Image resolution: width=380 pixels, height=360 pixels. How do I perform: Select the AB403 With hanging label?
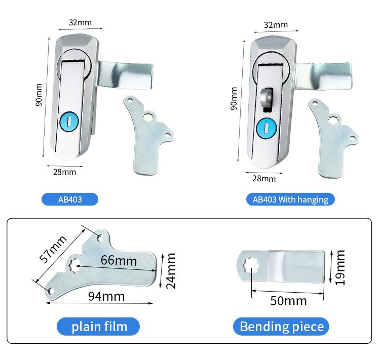click(x=290, y=199)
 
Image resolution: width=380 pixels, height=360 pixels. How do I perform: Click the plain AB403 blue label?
click(x=70, y=199)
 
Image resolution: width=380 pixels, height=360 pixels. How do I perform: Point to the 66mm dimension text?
click(x=119, y=261)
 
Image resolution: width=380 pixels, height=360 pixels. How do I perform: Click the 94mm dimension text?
click(x=106, y=296)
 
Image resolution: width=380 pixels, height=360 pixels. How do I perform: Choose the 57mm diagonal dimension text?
click(x=53, y=249)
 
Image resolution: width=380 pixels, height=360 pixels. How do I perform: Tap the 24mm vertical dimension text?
click(x=171, y=271)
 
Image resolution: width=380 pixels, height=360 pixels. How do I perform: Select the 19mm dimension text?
click(x=339, y=268)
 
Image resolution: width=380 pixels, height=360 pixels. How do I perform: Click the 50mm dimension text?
click(x=288, y=301)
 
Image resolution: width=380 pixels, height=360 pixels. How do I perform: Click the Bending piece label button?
click(x=281, y=326)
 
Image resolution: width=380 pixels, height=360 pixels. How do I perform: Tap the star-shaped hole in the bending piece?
click(x=251, y=266)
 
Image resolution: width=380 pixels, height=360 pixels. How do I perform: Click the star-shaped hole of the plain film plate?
click(x=75, y=265)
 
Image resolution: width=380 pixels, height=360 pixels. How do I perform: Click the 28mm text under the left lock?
click(x=64, y=172)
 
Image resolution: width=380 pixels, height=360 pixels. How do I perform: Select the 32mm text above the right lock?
click(x=276, y=25)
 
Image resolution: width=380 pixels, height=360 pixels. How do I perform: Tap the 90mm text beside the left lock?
click(x=39, y=95)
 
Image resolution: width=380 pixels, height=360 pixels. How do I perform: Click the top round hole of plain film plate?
click(x=100, y=238)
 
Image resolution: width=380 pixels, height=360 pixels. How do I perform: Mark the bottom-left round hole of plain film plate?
click(x=50, y=291)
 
